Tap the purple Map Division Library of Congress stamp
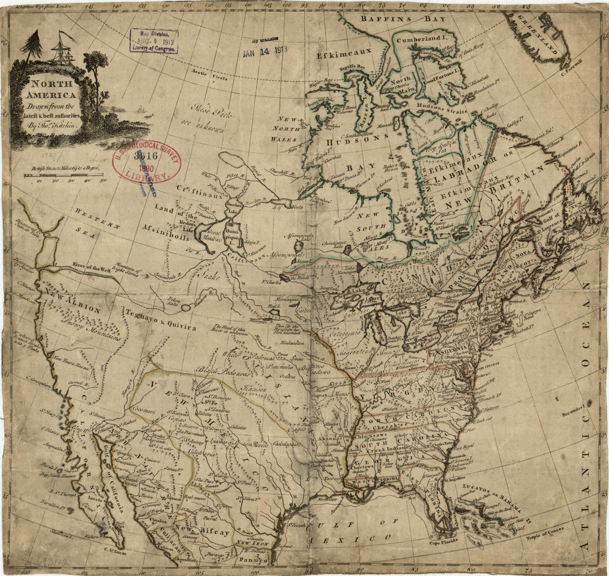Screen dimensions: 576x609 [x=154, y=40]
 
